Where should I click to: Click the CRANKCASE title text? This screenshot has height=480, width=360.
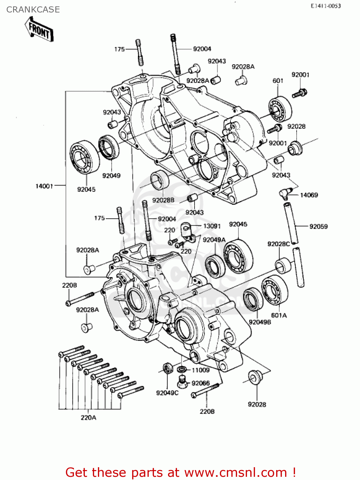point(33,10)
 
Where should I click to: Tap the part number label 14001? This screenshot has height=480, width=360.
point(44,186)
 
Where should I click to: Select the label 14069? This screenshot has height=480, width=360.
point(309,195)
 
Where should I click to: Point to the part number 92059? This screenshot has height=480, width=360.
point(318,227)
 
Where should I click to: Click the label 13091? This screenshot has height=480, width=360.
point(212,226)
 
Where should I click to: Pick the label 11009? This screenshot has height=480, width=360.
point(200,370)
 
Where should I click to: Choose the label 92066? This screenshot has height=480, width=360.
point(201,383)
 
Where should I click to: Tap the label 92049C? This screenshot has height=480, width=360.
point(167,393)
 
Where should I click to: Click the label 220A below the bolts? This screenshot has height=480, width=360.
point(88,418)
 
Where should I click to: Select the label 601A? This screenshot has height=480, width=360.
point(279,315)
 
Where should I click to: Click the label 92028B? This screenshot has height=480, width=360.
point(163,200)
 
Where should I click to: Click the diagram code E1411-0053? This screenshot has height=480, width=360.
point(326,6)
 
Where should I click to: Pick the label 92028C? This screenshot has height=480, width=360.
point(278,244)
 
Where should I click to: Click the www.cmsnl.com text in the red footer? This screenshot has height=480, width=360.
point(236,472)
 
